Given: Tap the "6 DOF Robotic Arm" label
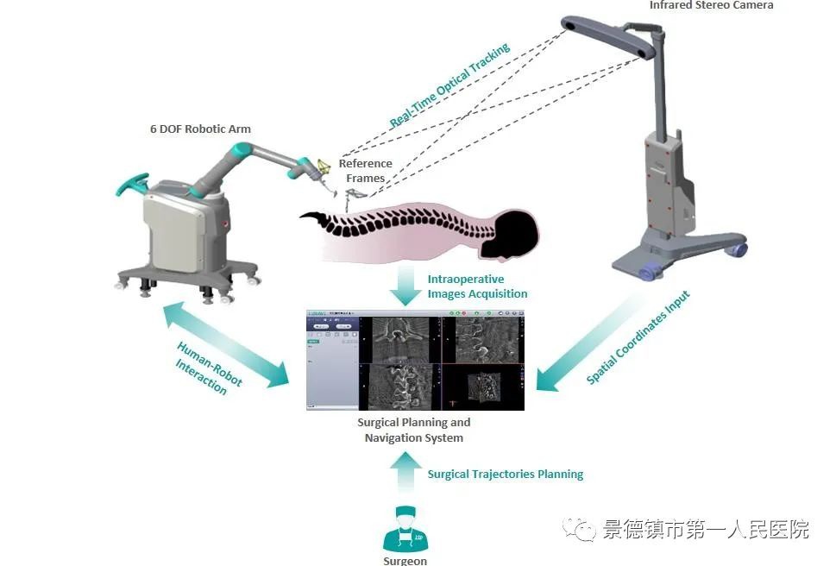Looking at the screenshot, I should click(200, 129).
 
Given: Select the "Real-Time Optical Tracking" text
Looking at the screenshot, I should click(449, 87).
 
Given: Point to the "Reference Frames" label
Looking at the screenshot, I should click(365, 171).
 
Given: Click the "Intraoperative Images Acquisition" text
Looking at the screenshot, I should click(477, 286).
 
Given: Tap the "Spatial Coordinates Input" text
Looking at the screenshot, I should click(638, 336).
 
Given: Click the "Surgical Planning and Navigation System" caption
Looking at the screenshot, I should click(414, 430).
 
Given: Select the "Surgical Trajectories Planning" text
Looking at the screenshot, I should click(505, 474).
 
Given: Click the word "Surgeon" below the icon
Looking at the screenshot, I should click(405, 561).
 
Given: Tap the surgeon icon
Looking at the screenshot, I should click(405, 529).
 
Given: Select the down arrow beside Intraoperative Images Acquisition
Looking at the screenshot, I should click(404, 285).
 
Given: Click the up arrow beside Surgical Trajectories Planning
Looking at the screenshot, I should click(405, 474).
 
